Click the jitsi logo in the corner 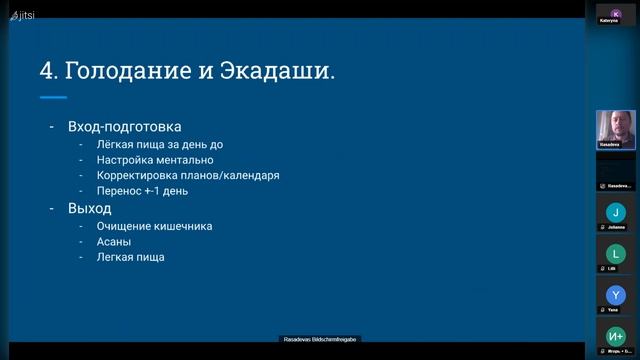click(22, 15)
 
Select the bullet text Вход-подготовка click(124, 127)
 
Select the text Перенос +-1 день click(142, 191)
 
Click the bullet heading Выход click(89, 208)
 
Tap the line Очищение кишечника click(154, 226)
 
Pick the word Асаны click(114, 241)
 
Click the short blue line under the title click(53, 97)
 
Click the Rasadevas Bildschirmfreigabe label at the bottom click(319, 340)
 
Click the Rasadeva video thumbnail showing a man click(616, 129)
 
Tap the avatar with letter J click(616, 212)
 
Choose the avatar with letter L click(616, 254)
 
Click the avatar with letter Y click(616, 295)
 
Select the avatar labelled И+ click(616, 337)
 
